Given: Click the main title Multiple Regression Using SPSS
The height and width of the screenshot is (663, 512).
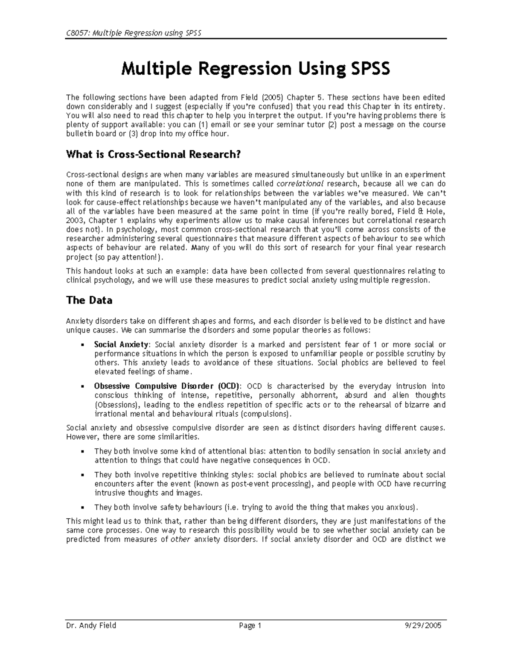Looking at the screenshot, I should point(256,68).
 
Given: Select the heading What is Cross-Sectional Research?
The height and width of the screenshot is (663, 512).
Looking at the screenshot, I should point(153,154).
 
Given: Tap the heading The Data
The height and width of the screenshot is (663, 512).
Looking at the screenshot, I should point(89,300).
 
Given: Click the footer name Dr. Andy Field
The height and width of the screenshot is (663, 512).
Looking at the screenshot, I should point(91,625).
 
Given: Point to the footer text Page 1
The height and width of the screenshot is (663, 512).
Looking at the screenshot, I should point(250,625).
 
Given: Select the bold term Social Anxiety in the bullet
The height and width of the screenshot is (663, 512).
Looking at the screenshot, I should point(121,345).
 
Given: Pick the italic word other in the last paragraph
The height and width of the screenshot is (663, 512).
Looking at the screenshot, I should point(180,539).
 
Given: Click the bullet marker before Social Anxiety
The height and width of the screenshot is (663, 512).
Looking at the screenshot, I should point(82,345).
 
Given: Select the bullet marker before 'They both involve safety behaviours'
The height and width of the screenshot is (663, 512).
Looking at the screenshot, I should point(82,508).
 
